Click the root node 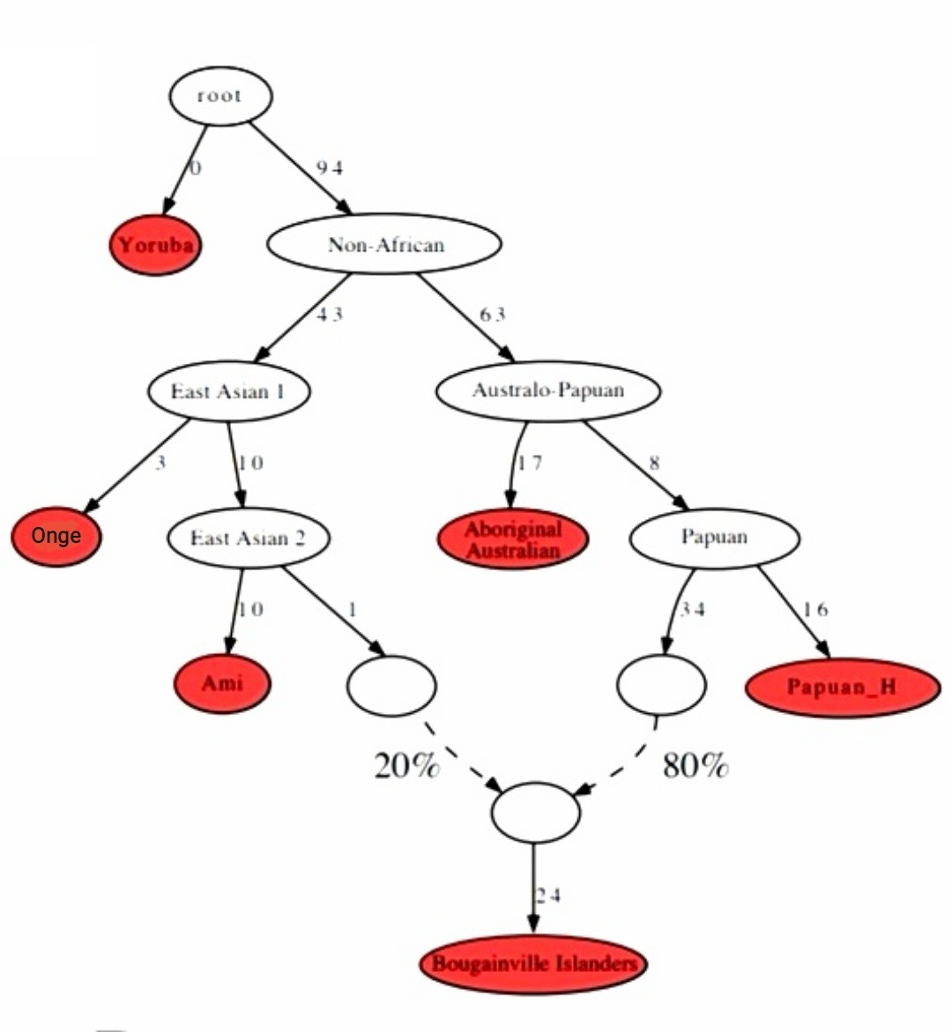click(x=220, y=95)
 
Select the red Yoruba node click(x=155, y=245)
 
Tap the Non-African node click(x=384, y=244)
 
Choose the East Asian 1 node click(x=228, y=390)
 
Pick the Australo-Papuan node click(x=547, y=390)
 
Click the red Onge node click(x=56, y=536)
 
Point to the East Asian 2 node click(x=248, y=538)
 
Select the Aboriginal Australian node click(x=513, y=539)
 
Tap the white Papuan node click(x=714, y=537)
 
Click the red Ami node click(x=223, y=683)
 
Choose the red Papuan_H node click(x=842, y=687)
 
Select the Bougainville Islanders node click(x=533, y=963)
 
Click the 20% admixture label click(x=406, y=766)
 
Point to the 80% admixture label click(x=695, y=766)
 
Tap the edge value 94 click(x=329, y=168)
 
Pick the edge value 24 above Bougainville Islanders click(x=547, y=895)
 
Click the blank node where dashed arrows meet click(x=535, y=813)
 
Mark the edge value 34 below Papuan click(x=692, y=609)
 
